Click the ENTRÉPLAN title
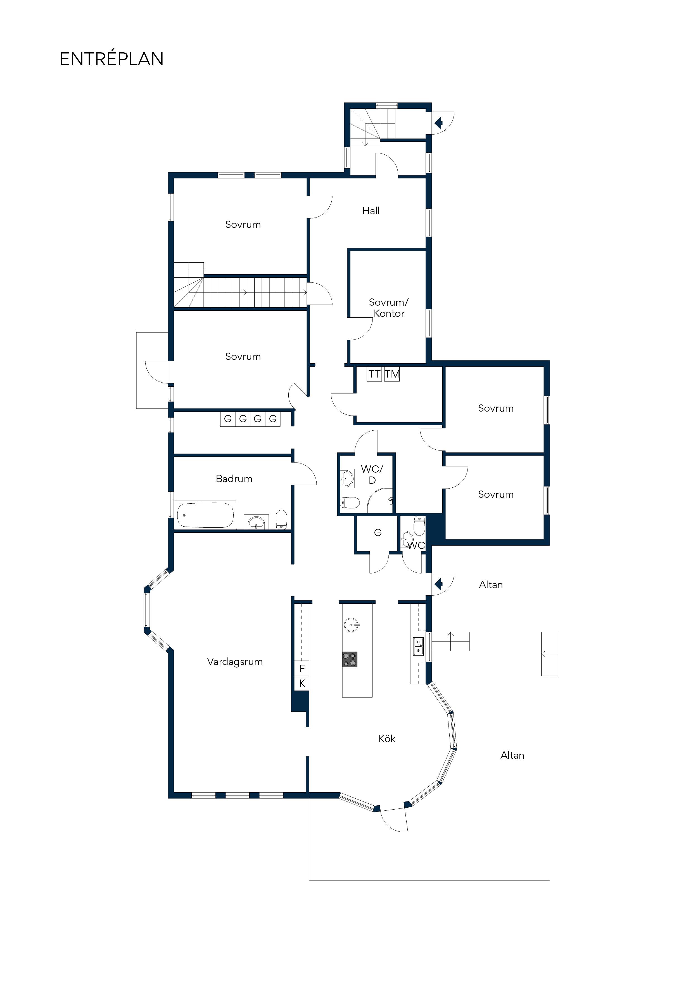click(x=112, y=59)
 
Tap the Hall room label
click(x=371, y=211)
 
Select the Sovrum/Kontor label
click(x=389, y=308)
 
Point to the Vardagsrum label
click(x=235, y=662)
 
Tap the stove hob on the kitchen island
click(x=350, y=659)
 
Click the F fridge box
click(x=302, y=669)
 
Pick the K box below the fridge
click(x=302, y=683)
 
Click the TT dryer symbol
click(x=374, y=374)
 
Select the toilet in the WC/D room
click(x=350, y=503)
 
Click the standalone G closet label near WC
click(x=378, y=532)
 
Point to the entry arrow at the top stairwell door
click(x=438, y=124)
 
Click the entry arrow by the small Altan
click(x=438, y=584)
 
